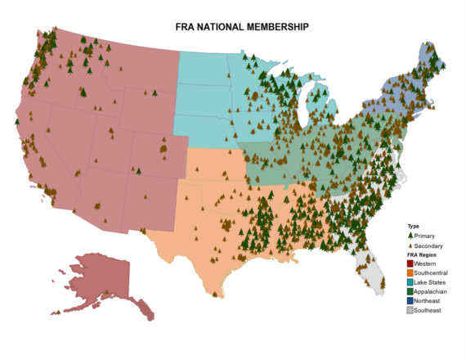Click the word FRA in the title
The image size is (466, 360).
point(187,27)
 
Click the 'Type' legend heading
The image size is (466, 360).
point(413,227)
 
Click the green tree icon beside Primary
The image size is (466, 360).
point(410,236)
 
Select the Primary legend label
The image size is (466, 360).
point(426,236)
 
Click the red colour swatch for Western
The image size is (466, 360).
point(410,264)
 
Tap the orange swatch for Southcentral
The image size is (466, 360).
point(410,273)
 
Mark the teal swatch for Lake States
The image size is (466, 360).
point(410,283)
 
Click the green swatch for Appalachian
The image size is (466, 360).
point(410,292)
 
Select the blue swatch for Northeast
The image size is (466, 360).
point(410,302)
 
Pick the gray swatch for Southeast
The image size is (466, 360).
point(410,311)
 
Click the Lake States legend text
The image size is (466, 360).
point(431,283)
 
